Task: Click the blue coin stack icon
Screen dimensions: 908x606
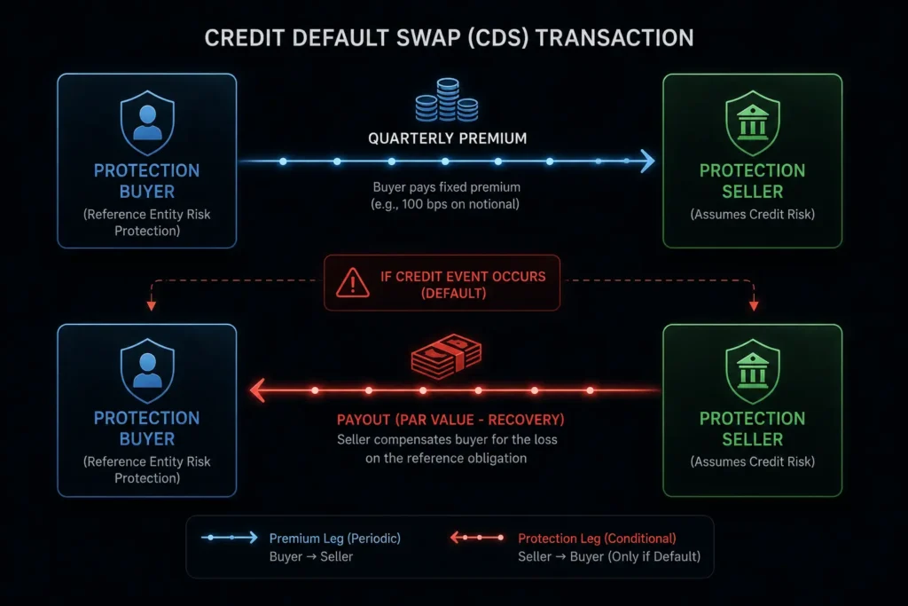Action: point(447,100)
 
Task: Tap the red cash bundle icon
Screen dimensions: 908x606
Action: point(446,356)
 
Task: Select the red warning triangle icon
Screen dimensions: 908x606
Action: point(353,283)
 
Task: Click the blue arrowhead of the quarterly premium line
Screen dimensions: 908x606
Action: point(647,161)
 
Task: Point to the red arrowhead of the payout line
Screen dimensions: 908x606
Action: point(258,390)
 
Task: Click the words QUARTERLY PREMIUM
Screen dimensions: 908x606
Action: point(448,138)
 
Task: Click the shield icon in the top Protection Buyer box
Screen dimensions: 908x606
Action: point(147,122)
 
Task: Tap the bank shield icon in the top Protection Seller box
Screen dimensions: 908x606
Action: point(752,122)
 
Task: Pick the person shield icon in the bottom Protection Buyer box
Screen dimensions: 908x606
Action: point(147,371)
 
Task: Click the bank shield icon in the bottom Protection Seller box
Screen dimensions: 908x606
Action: point(752,372)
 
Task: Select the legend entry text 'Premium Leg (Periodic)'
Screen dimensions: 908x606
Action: point(334,539)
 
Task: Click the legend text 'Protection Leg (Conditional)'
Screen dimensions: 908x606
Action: point(597,539)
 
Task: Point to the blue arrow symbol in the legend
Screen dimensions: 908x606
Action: point(230,538)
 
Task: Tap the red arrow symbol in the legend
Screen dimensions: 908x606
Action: point(477,538)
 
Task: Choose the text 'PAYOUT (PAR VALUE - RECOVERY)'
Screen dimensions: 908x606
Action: point(450,420)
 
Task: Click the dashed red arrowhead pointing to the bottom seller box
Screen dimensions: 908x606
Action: point(754,305)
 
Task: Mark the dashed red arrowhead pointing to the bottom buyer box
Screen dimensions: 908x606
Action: point(151,305)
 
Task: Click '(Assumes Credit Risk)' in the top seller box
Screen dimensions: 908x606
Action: point(752,215)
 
